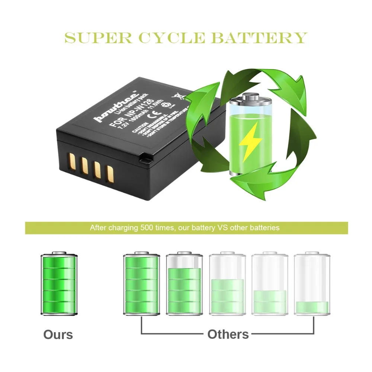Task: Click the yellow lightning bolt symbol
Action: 250,141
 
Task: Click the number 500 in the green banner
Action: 148,228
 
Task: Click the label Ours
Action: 58,334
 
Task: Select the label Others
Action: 228,334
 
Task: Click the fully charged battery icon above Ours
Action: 59,283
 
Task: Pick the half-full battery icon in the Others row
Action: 227,283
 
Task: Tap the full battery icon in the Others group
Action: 141,283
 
